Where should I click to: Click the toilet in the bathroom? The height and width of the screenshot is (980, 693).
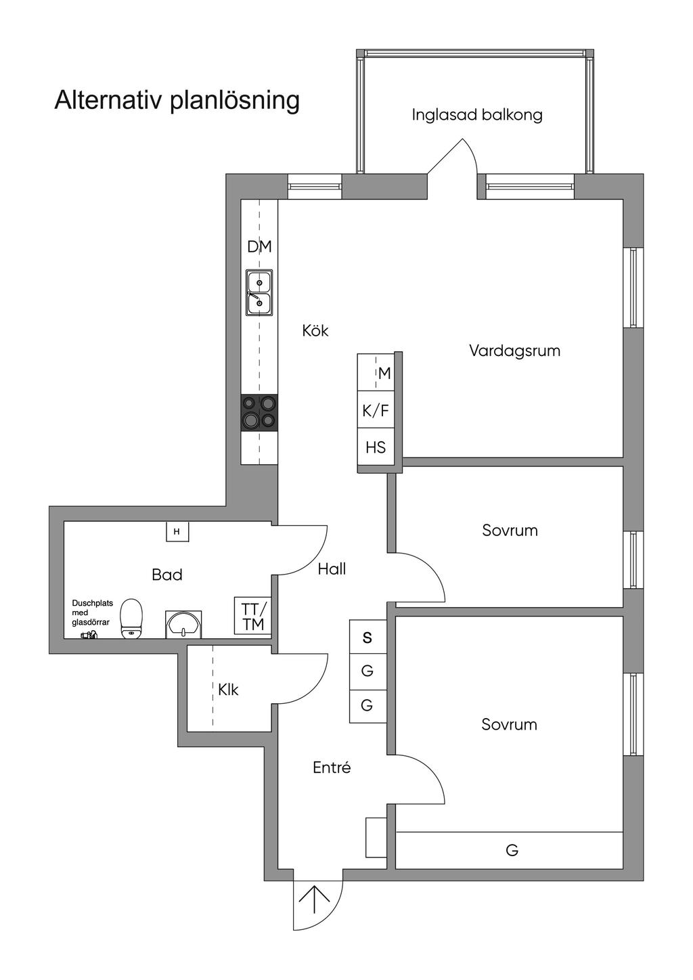click(131, 617)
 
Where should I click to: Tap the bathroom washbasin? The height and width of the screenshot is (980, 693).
click(183, 624)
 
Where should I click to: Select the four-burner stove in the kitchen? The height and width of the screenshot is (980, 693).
click(259, 411)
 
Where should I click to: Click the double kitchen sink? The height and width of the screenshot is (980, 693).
click(259, 293)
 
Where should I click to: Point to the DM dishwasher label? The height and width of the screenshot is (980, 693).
click(259, 247)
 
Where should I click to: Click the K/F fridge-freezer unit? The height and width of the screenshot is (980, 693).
click(376, 410)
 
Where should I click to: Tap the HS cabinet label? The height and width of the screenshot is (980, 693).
click(376, 447)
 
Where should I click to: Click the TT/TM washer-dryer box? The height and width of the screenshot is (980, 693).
click(253, 616)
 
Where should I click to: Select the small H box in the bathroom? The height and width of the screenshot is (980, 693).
click(177, 532)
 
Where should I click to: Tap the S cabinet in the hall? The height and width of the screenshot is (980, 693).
click(367, 638)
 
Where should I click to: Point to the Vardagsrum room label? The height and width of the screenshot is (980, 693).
click(514, 351)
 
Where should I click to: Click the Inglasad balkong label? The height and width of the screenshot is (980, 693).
click(477, 115)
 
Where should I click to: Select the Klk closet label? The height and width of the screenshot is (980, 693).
click(228, 690)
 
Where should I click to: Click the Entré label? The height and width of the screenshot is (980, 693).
click(332, 768)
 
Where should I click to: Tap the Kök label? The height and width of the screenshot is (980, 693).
click(315, 331)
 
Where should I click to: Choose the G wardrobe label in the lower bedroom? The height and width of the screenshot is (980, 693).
click(512, 850)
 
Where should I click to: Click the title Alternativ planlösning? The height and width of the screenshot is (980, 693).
click(177, 100)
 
